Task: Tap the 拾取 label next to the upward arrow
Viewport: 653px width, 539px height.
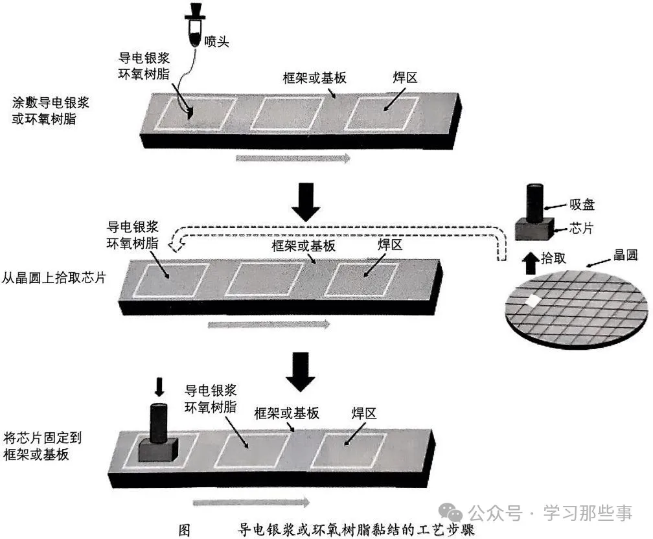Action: tap(553, 258)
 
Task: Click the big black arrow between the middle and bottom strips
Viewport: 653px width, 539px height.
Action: tap(301, 371)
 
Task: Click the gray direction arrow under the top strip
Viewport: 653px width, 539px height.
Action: tap(293, 158)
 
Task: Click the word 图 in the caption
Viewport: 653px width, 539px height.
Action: tap(184, 530)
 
